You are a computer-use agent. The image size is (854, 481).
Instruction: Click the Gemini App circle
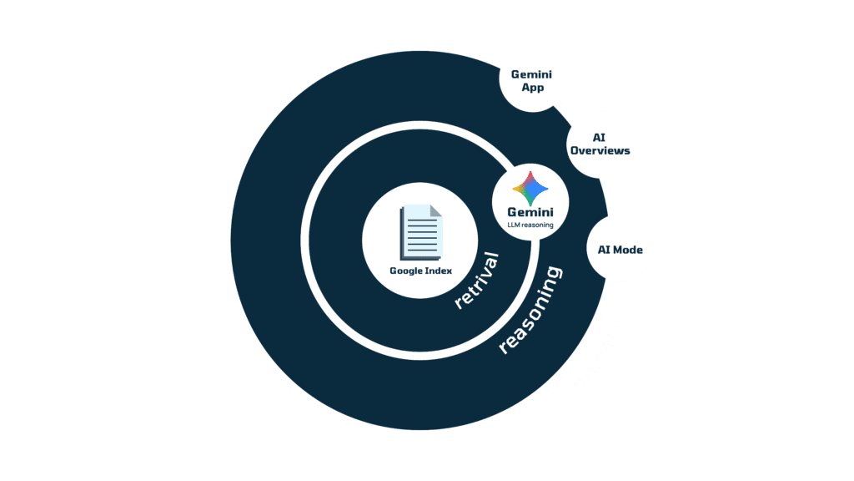click(532, 80)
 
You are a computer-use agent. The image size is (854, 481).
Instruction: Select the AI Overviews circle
click(600, 144)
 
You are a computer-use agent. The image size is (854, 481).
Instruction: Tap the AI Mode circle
click(620, 249)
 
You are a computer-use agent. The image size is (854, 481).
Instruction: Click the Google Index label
click(420, 270)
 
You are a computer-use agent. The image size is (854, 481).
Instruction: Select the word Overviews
click(600, 151)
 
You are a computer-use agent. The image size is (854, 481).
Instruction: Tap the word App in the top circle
click(532, 88)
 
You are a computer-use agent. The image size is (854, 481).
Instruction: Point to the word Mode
click(630, 249)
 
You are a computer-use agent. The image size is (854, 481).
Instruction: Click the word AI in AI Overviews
click(600, 136)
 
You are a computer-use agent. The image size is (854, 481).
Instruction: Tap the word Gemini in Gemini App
click(532, 73)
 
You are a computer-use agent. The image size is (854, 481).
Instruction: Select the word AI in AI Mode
click(605, 249)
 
